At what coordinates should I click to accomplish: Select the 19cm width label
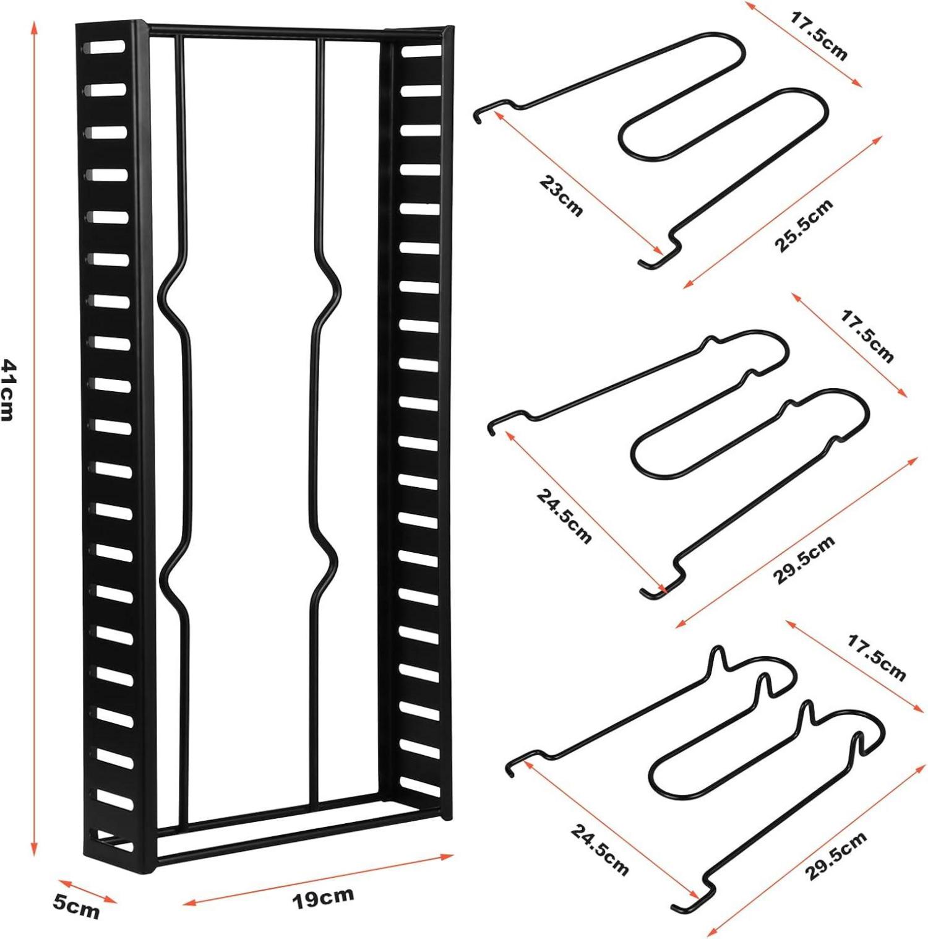323,898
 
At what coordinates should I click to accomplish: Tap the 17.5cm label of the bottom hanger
875,657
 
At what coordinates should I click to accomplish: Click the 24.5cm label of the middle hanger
564,516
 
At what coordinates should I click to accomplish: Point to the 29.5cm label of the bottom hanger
836,856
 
